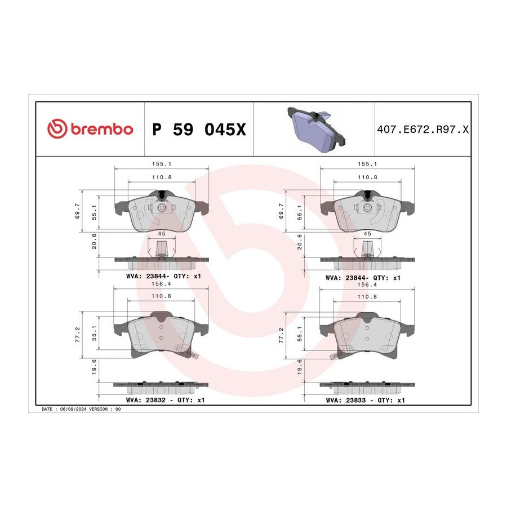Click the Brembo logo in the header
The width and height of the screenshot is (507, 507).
tap(90, 129)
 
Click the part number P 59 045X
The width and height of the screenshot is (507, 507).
tap(199, 130)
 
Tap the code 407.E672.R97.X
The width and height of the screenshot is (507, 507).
tap(422, 130)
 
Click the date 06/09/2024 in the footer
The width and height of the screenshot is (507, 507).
tap(73, 409)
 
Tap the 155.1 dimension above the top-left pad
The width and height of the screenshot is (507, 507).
tap(162, 164)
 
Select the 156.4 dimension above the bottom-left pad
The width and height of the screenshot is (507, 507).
tap(161, 284)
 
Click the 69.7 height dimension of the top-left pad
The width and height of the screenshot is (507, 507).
tap(77, 211)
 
